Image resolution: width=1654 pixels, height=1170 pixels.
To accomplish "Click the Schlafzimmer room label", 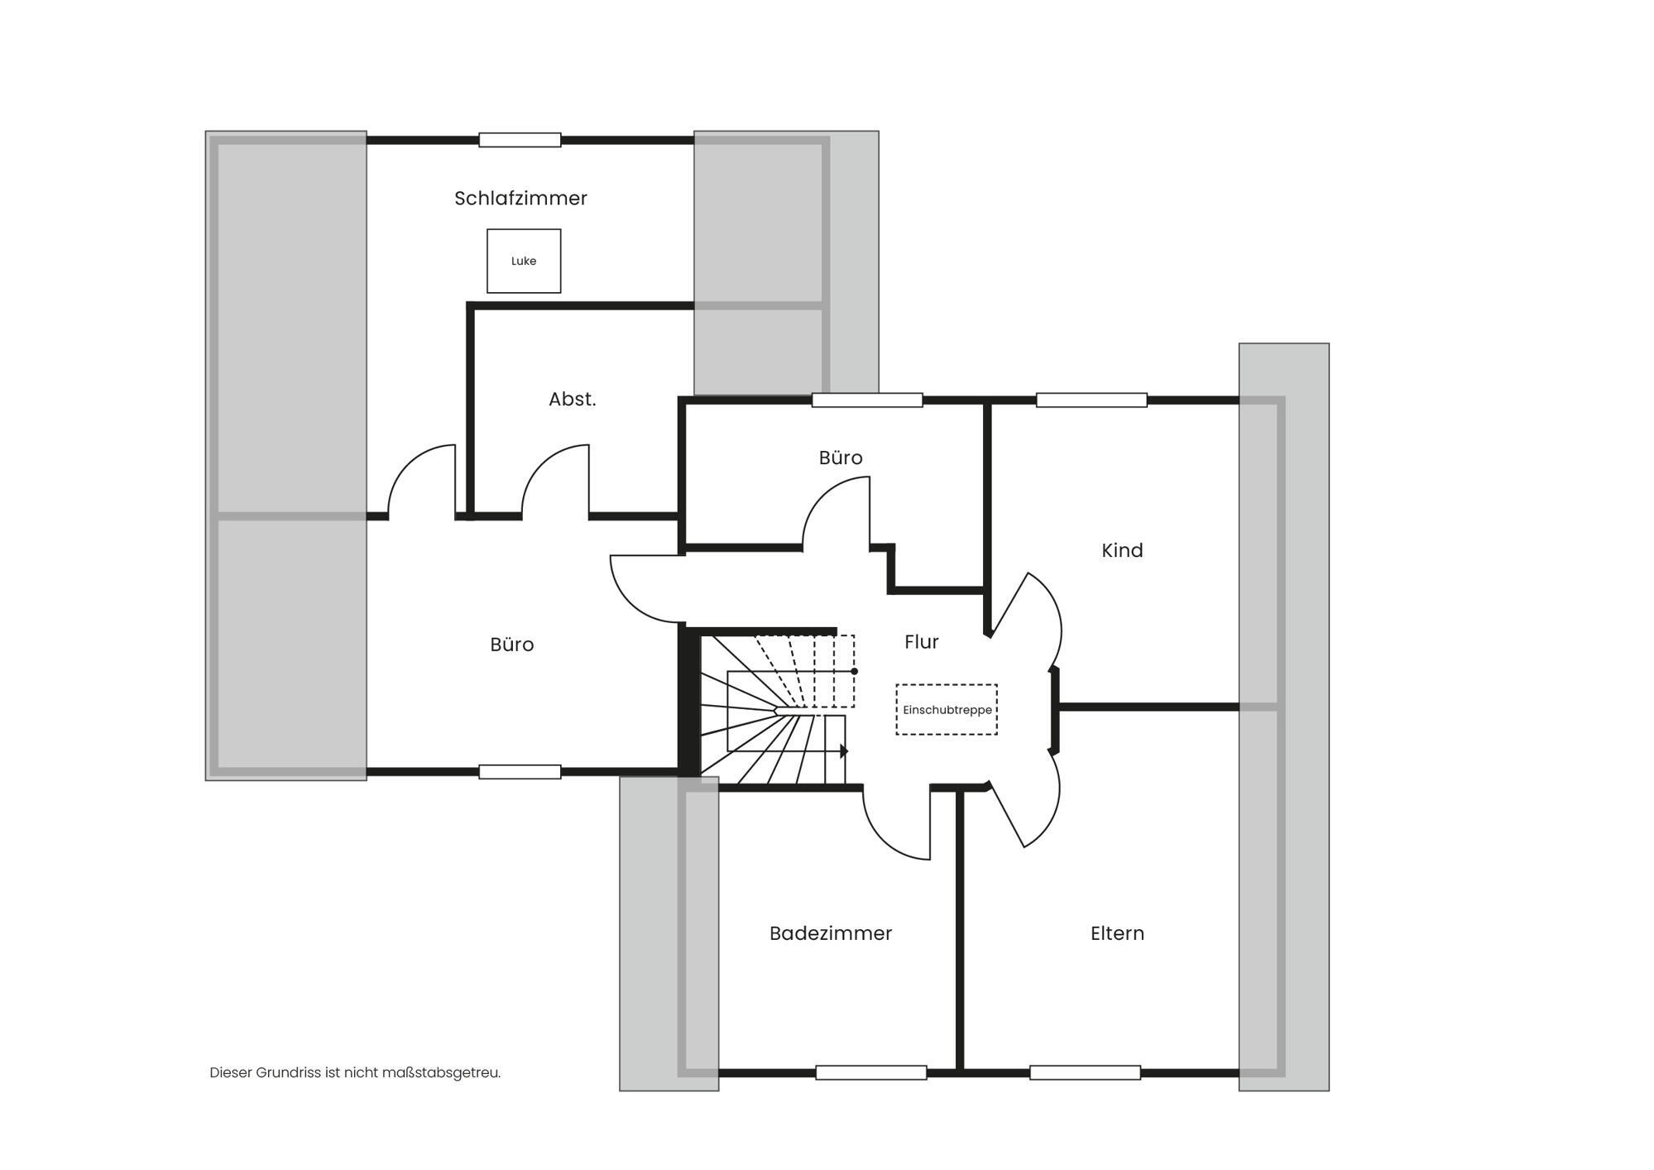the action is [520, 199].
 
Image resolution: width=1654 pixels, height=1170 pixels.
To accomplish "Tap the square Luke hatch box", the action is [524, 261].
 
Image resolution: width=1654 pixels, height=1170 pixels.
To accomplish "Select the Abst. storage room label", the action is [573, 399].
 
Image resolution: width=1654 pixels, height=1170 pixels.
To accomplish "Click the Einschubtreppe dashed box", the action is [947, 709].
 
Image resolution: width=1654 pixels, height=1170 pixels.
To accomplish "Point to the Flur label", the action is [922, 642].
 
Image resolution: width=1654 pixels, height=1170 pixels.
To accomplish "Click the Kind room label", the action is [1122, 550].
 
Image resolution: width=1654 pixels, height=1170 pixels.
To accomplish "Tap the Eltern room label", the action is [1117, 933].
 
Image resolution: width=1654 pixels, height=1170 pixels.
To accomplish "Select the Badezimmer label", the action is [831, 933].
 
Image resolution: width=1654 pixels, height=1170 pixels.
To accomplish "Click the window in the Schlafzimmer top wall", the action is [520, 140].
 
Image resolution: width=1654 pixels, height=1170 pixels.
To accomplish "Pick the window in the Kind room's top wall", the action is [1091, 400].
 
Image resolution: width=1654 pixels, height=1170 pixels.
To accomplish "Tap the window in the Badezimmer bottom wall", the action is [870, 1072].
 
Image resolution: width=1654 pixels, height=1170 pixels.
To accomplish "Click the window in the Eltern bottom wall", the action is [1085, 1072].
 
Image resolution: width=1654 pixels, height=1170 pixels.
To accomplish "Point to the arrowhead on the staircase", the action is [844, 751].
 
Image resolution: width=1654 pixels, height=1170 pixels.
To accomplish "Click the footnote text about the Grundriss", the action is [355, 1072].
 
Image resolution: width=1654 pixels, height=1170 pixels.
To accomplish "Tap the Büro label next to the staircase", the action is [512, 645].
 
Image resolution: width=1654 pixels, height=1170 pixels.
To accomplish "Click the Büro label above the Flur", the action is [841, 458].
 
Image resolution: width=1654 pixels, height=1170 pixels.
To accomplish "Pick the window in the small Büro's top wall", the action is [867, 400].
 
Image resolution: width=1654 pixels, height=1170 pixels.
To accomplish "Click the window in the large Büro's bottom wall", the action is [520, 772].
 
